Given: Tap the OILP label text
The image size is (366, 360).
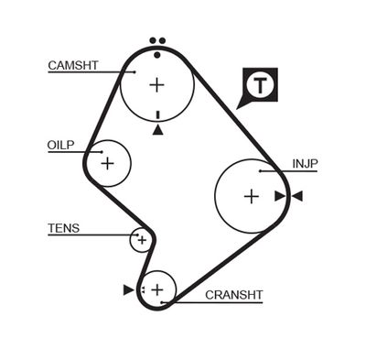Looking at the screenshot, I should coord(61,146).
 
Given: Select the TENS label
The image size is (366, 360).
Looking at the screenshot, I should coord(63,228).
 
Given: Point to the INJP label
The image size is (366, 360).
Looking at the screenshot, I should coord(305,164).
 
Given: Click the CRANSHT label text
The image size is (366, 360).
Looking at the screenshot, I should coord(234,295).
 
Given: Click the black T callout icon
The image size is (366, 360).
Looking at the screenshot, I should coord(262,86).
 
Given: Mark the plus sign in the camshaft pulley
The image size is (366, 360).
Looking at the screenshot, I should coord(157,85).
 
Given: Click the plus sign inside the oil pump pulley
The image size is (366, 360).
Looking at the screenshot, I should coord(108,164).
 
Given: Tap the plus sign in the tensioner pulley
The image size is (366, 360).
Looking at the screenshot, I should coord(140,240).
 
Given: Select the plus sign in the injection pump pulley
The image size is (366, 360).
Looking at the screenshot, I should coord(252,196).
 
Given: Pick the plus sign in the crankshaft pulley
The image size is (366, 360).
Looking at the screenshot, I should coord(157,290).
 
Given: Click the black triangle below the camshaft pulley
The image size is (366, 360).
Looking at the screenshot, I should coord(158,130).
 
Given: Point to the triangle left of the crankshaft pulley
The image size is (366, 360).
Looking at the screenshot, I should coord(128,290).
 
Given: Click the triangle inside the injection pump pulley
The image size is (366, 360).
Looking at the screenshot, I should coord(279,196).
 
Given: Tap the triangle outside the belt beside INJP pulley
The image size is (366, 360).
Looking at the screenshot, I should coord(296,196).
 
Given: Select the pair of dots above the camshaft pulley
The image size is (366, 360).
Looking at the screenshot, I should coord(157,41).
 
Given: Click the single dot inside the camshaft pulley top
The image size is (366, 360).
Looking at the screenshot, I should coord(157,55).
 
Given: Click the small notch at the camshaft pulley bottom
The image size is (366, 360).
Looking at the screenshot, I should coord(158,115).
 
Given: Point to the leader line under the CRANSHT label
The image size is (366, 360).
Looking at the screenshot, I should coord(220,302).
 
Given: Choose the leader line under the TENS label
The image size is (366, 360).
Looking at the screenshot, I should coord(91,235).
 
